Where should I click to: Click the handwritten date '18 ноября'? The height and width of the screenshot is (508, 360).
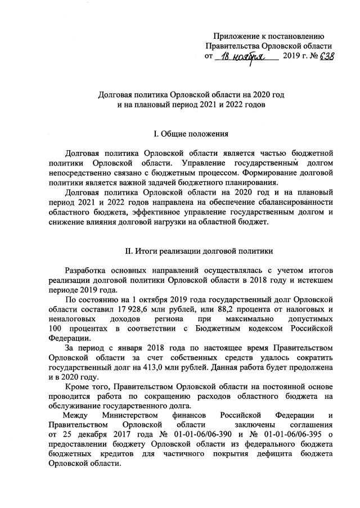[245, 56]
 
